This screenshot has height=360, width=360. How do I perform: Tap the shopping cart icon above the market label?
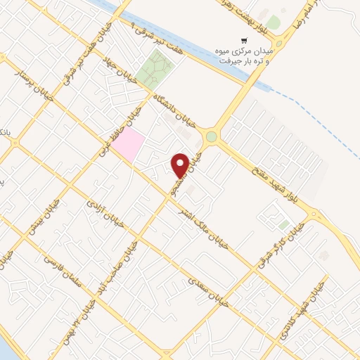coord(243,41)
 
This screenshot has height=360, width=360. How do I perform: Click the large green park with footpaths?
coord(155,70)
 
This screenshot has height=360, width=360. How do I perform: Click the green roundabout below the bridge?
coord(211,136)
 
